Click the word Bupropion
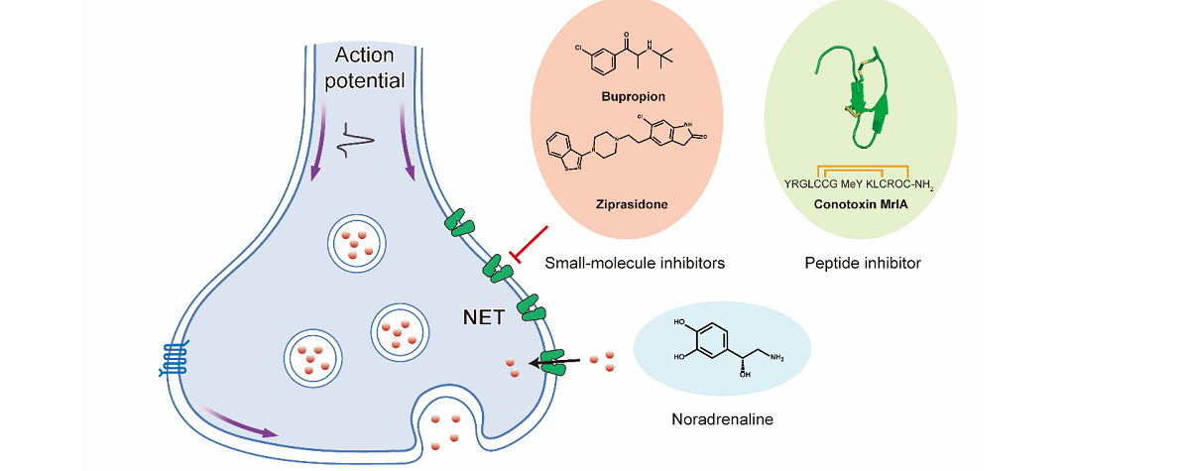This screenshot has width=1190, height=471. [632, 96]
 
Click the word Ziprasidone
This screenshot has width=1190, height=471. [631, 204]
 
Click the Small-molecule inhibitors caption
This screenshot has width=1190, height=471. [635, 263]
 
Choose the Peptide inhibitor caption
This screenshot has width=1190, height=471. [863, 263]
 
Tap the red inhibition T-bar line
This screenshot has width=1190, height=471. [530, 244]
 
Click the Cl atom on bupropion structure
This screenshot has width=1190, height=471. [578, 46]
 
